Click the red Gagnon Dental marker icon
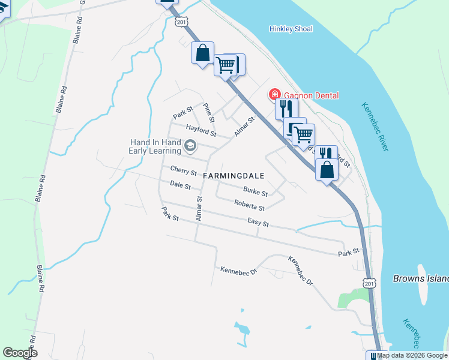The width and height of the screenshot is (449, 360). point(274,95)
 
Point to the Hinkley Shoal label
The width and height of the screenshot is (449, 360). point(291,29)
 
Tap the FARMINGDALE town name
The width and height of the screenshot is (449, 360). point(234,175)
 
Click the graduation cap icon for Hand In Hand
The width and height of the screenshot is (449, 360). point(190,145)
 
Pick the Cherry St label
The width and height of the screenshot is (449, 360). point(184,171)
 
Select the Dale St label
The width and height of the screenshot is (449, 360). point(180,185)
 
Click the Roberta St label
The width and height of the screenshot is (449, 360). point(250,206)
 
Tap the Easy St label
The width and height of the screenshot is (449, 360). point(258,223)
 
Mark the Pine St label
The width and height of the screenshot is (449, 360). point(208,110)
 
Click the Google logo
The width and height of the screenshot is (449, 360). point(20,353)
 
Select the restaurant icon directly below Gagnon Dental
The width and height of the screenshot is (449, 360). point(286,109)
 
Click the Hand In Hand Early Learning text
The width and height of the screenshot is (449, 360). point(155,146)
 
